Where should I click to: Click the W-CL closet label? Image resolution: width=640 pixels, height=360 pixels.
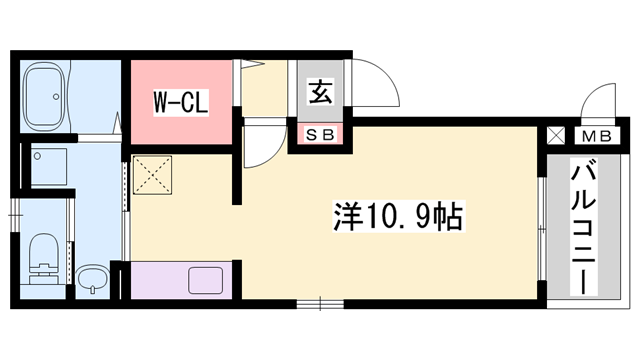point(180,101)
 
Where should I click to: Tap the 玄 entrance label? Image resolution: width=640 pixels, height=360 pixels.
point(319,93)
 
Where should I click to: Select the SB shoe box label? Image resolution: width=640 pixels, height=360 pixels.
point(319,133)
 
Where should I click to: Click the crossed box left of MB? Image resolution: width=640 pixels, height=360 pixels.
point(555,134)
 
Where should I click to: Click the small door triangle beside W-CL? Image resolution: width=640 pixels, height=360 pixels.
point(248,67)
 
